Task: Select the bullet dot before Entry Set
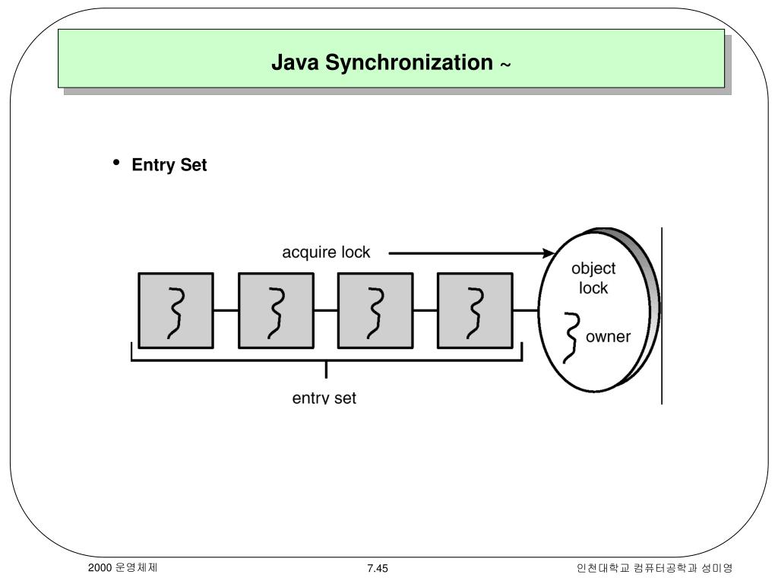[117, 163]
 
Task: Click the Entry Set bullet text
[169, 165]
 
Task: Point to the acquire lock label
[326, 252]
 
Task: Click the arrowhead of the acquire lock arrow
[549, 253]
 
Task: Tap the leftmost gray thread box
[176, 310]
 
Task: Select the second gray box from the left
[276, 310]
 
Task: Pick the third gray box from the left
[375, 310]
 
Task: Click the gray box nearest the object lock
[476, 310]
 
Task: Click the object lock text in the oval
[593, 278]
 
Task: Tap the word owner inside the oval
[608, 336]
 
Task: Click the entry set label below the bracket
[324, 398]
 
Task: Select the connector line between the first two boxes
[226, 310]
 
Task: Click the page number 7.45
[378, 569]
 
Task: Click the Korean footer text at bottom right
[654, 569]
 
